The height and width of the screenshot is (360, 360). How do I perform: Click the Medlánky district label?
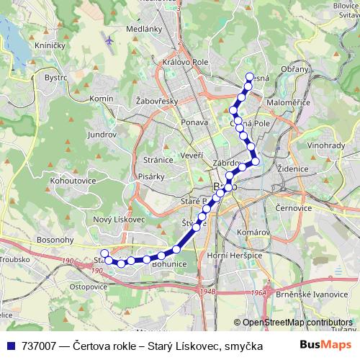pyautogui.click(x=138, y=30)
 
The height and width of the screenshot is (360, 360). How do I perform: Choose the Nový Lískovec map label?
pyautogui.click(x=120, y=219)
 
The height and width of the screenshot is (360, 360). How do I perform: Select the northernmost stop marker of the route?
pyautogui.click(x=249, y=77)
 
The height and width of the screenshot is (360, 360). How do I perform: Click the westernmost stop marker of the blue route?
pyautogui.click(x=104, y=253)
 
